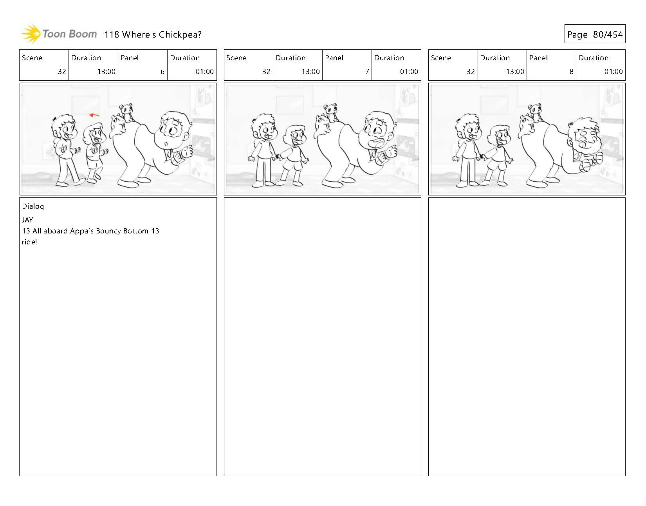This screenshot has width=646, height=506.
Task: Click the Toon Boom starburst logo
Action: click(x=31, y=34)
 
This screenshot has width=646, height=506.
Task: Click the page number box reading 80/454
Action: click(x=595, y=34)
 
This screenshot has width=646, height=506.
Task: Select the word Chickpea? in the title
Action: click(x=180, y=34)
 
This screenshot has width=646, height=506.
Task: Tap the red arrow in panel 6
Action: click(x=94, y=115)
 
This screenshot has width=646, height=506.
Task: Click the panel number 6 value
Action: click(x=162, y=71)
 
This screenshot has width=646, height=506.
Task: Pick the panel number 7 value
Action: click(x=367, y=71)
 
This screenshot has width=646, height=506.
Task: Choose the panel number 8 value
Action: click(x=571, y=71)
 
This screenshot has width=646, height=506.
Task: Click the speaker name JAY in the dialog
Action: click(x=27, y=220)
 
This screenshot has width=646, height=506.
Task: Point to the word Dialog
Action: click(x=33, y=206)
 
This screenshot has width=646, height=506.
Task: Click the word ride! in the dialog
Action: click(x=29, y=242)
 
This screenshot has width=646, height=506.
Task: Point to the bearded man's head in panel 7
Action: click(x=378, y=129)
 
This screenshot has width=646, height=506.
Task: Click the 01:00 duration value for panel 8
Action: click(x=613, y=71)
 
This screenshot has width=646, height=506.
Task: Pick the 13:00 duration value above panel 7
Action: click(x=310, y=71)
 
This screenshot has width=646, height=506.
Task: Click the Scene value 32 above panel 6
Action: click(x=62, y=71)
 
